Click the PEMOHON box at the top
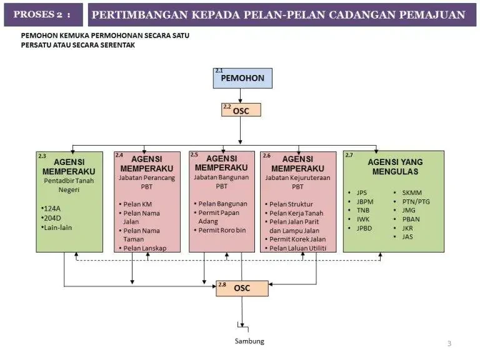coord(242,78)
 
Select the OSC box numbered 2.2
coord(241,111)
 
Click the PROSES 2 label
coord(42,14)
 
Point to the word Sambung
coord(249,341)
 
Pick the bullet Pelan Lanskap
coord(144,248)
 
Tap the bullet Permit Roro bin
coord(223,230)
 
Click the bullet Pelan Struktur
coord(291,204)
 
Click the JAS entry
coord(407,237)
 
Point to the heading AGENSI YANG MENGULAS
coord(394,166)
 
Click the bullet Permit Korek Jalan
coord(297,239)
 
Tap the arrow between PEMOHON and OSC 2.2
coord(241,96)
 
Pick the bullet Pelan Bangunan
coord(222,204)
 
